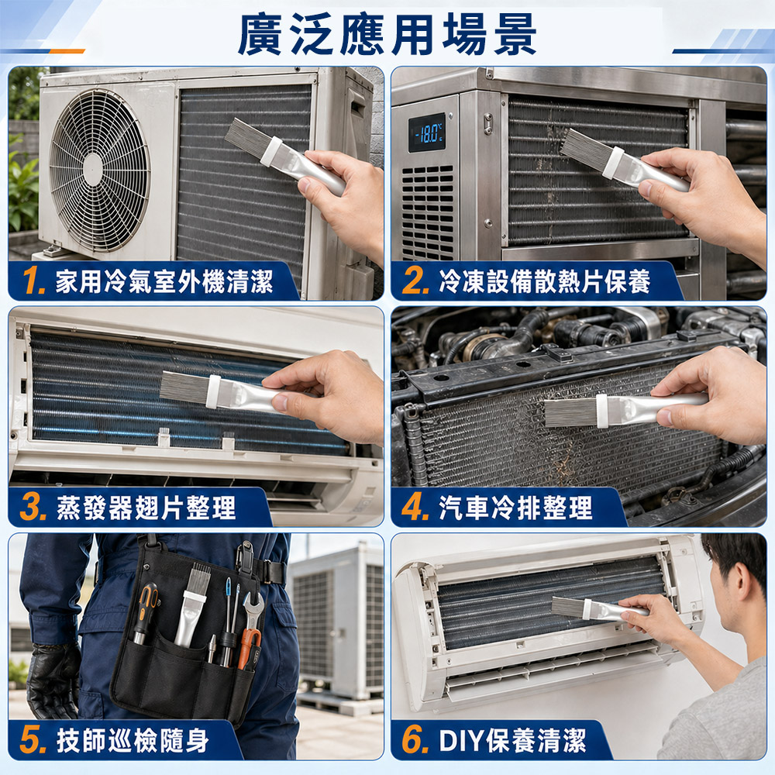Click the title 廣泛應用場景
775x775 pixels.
click(387, 34)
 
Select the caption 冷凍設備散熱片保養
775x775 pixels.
click(544, 281)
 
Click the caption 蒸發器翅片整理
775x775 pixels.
click(146, 507)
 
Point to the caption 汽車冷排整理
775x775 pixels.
click(515, 507)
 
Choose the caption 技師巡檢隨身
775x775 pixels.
click(133, 740)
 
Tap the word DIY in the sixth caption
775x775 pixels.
click(460, 740)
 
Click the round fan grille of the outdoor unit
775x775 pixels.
click(99, 170)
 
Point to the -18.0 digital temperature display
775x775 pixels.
click(426, 133)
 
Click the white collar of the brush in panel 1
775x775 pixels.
click(270, 152)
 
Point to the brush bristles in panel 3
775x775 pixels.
click(184, 386)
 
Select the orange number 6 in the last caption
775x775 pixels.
click(414, 740)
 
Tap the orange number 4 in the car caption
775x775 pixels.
click(414, 507)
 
